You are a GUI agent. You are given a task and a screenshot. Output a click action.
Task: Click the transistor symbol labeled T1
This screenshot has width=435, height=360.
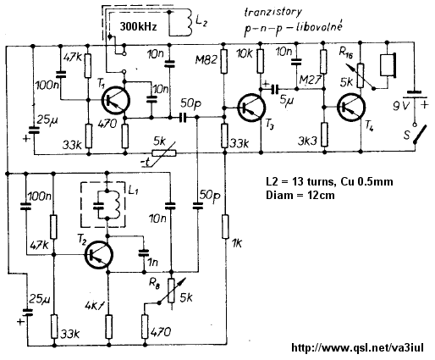pyautogui.click(x=116, y=100)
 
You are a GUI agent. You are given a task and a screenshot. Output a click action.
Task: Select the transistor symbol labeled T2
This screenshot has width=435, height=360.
pyautogui.click(x=99, y=255)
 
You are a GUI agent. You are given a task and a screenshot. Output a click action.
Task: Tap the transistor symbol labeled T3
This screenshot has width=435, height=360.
pyautogui.click(x=251, y=108)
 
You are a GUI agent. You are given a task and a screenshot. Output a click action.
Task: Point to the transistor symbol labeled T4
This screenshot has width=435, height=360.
pyautogui.click(x=351, y=108)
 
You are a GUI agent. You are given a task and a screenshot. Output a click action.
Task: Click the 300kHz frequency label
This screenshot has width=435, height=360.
pyautogui.click(x=138, y=26)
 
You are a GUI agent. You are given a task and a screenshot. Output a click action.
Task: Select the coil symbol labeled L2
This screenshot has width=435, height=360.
pyautogui.click(x=189, y=23)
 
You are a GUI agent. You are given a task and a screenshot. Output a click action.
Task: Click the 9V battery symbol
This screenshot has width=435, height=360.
pyautogui.click(x=414, y=95)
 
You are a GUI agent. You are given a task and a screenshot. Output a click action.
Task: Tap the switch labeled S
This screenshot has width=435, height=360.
pyautogui.click(x=419, y=134)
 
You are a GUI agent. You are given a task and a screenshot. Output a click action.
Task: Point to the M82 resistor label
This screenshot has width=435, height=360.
pyautogui.click(x=206, y=59)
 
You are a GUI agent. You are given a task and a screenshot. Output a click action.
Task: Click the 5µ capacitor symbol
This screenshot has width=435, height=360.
pyautogui.click(x=274, y=89)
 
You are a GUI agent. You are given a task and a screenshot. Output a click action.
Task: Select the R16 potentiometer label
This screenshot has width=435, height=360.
pyautogui.click(x=346, y=53)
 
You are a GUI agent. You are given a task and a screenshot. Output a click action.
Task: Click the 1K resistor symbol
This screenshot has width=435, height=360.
pyautogui.click(x=225, y=227)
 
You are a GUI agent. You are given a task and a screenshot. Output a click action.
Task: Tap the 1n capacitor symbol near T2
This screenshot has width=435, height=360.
pyautogui.click(x=144, y=252)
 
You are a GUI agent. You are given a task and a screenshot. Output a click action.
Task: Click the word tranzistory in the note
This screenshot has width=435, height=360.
pyautogui.click(x=273, y=12)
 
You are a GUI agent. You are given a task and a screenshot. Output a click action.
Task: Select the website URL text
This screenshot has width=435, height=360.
pyautogui.click(x=357, y=348)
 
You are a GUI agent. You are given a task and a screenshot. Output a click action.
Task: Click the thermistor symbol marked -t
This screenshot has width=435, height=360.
pyautogui.click(x=164, y=153)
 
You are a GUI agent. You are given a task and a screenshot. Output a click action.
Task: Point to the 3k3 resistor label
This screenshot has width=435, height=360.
pyautogui.click(x=308, y=141)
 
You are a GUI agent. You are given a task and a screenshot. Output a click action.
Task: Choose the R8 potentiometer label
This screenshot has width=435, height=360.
pyautogui.click(x=154, y=283)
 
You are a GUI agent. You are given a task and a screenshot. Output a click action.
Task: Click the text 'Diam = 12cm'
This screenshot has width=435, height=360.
pyautogui.click(x=300, y=195)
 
